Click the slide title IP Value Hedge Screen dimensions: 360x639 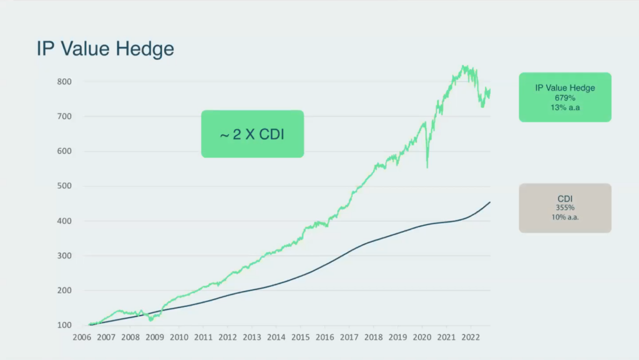pyautogui.click(x=105, y=49)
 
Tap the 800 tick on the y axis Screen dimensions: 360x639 pyautogui.click(x=65, y=82)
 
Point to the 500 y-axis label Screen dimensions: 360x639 pyautogui.click(x=65, y=186)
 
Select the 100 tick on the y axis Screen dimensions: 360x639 pyautogui.click(x=65, y=325)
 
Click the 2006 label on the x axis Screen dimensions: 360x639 pyautogui.click(x=81, y=338)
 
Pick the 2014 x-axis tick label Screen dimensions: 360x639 pyautogui.click(x=276, y=338)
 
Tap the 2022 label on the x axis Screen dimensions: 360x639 pyautogui.click(x=471, y=338)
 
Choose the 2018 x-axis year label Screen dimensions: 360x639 pyautogui.click(x=373, y=338)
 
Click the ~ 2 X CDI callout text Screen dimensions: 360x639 pyautogui.click(x=252, y=134)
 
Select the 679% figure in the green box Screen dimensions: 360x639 pyautogui.click(x=565, y=98)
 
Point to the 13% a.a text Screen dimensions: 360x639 pyautogui.click(x=565, y=107)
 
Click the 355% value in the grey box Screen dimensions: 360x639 pyautogui.click(x=565, y=208)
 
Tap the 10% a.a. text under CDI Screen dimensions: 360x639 pyautogui.click(x=565, y=217)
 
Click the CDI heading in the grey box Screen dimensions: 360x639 pyautogui.click(x=565, y=198)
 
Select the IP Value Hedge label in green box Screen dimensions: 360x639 pyautogui.click(x=565, y=88)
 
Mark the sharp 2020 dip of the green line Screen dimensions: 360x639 pyautogui.click(x=427, y=167)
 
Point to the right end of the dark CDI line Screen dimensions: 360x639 pyautogui.click(x=490, y=202)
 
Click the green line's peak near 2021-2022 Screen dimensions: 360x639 pyautogui.click(x=464, y=66)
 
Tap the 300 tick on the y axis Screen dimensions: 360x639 pyautogui.click(x=65, y=256)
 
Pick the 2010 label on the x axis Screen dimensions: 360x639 pyautogui.click(x=178, y=338)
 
